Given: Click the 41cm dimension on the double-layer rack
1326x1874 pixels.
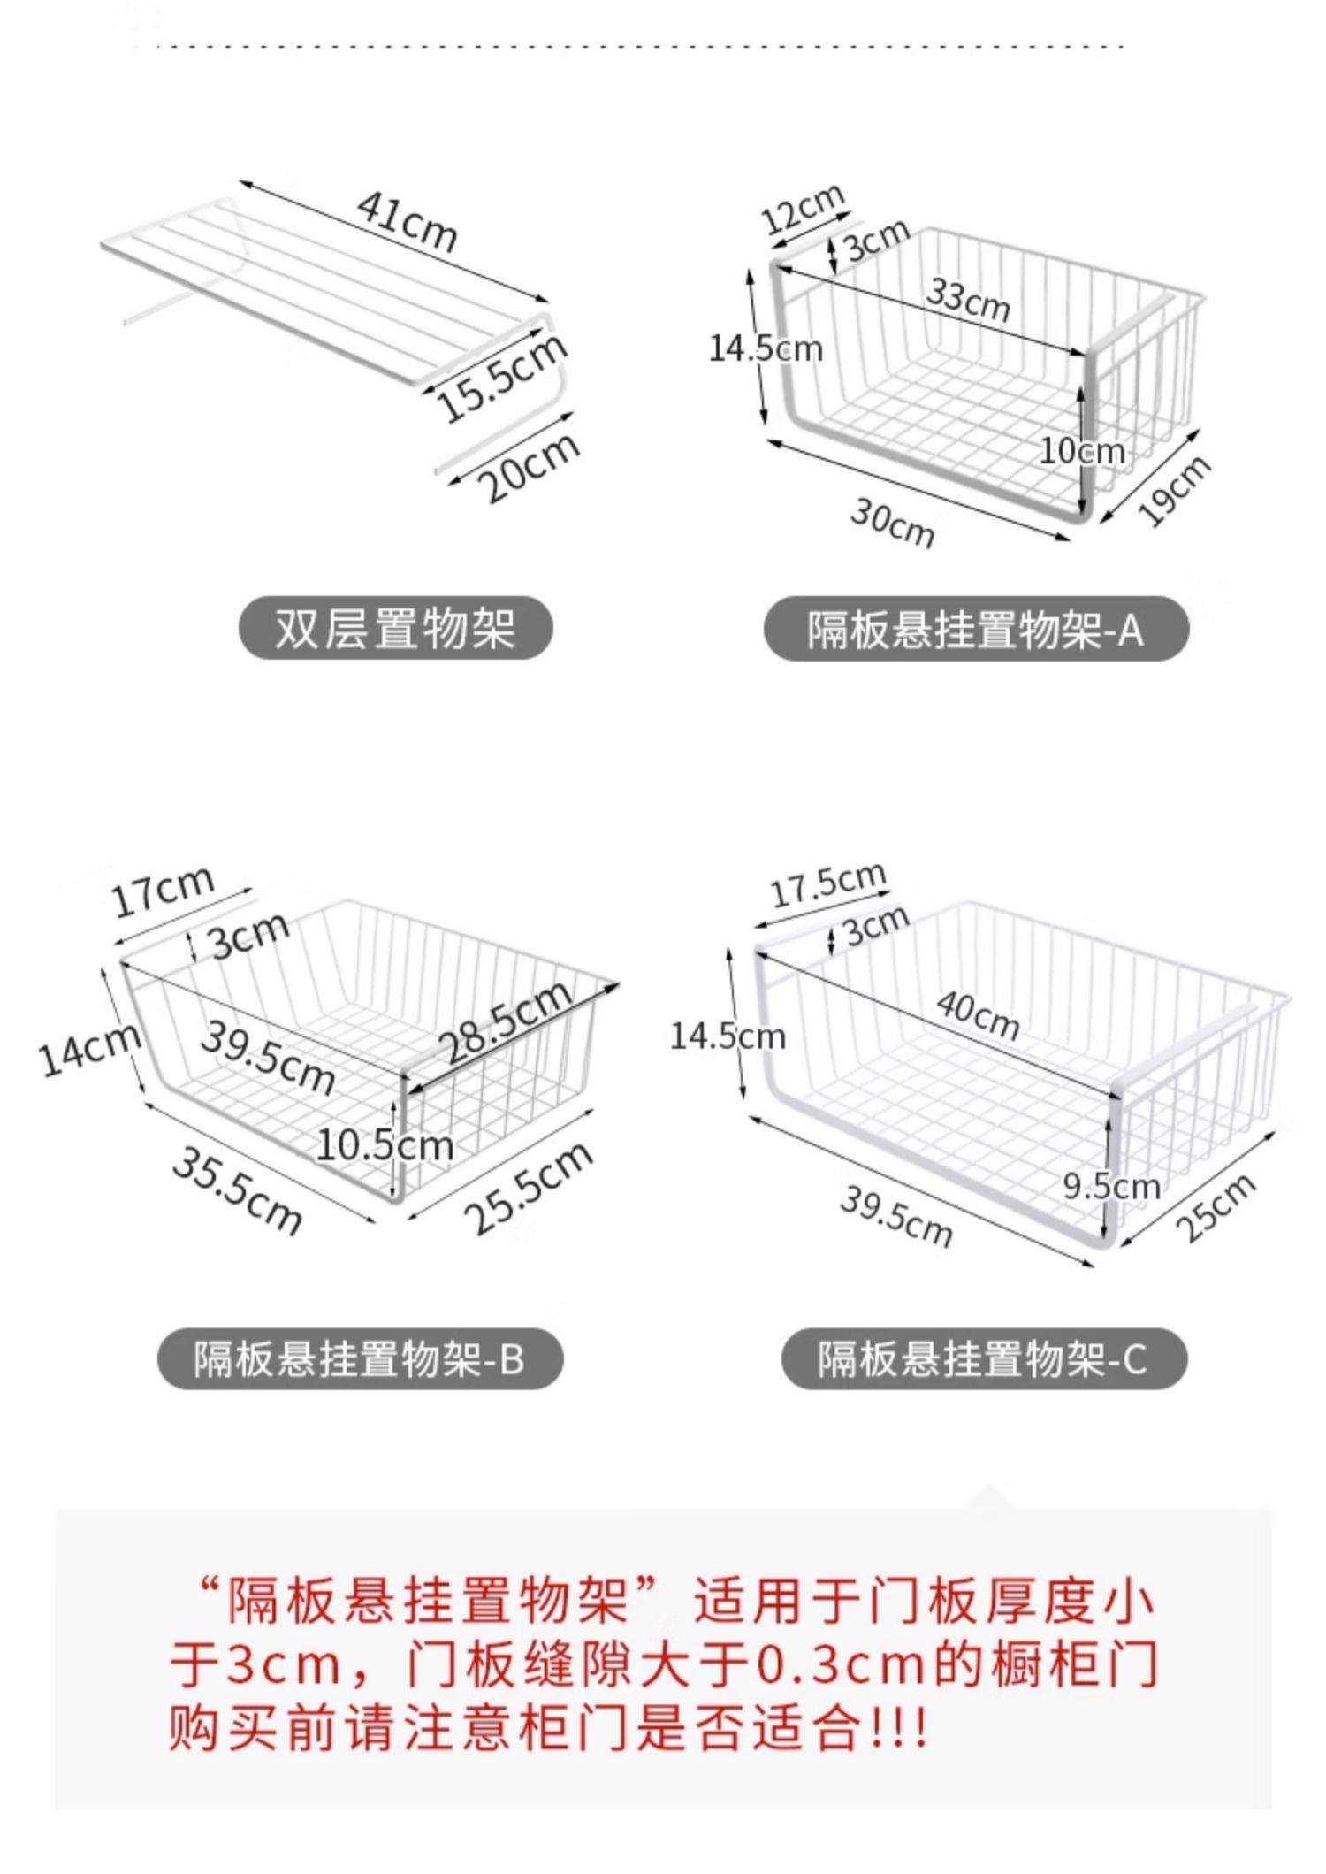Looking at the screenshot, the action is click(407, 222).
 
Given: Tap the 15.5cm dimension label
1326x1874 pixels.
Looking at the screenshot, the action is click(501, 375).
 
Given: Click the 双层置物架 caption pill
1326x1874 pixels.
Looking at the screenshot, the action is click(395, 629).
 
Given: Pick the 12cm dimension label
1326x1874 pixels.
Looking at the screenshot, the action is click(803, 210).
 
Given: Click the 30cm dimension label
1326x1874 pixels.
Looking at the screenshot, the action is click(892, 523).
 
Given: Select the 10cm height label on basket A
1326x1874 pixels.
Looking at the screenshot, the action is click(1081, 451).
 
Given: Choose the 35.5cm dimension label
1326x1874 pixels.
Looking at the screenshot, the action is click(237, 1189).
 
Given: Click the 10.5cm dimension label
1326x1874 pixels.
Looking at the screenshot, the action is click(385, 1146).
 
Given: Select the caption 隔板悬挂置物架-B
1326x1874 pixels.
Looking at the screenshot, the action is click(360, 1358).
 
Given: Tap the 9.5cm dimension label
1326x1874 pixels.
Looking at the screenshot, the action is click(1110, 1185).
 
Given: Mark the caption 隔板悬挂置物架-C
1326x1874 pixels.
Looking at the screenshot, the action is click(983, 1358).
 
